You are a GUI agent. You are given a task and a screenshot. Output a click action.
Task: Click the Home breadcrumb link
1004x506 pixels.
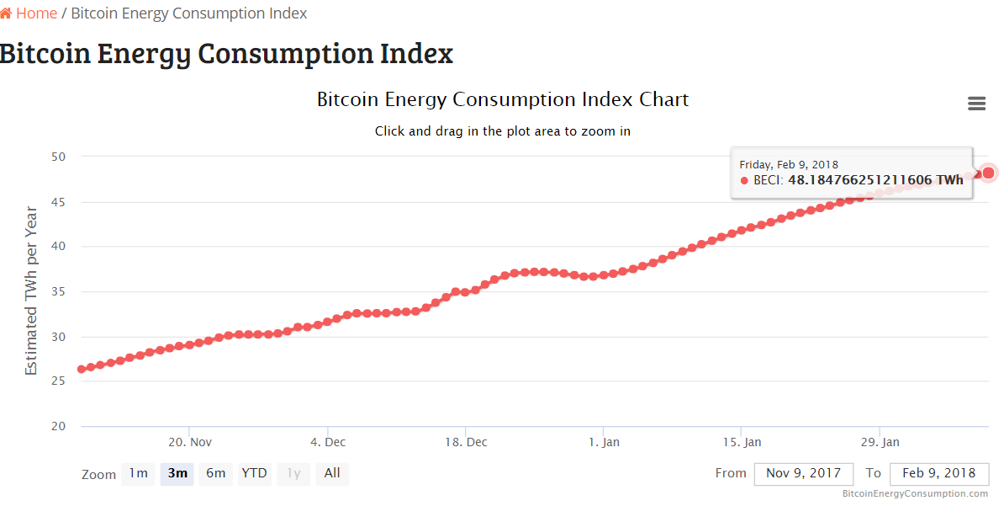(35, 13)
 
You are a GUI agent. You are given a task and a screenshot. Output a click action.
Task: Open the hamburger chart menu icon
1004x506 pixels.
(976, 104)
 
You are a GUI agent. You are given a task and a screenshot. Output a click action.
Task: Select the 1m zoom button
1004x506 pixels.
(138, 473)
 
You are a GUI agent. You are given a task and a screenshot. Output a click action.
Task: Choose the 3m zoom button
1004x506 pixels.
(177, 473)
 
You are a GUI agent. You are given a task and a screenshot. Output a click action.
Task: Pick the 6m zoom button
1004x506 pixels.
(216, 473)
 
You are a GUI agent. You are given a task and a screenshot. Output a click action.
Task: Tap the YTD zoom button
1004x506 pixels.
(254, 473)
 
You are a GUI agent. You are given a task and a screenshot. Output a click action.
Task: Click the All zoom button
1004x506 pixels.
(332, 473)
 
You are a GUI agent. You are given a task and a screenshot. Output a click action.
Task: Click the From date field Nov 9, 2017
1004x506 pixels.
(804, 474)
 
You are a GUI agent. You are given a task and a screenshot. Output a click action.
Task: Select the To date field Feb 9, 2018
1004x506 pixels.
(938, 474)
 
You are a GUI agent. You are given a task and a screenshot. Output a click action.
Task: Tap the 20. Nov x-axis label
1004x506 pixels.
(190, 442)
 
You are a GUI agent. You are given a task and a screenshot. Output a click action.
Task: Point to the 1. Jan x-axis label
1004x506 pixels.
(604, 442)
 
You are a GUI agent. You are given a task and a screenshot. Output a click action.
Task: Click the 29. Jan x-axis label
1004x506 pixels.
(880, 442)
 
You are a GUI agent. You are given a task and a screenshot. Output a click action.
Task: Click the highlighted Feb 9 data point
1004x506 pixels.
(989, 173)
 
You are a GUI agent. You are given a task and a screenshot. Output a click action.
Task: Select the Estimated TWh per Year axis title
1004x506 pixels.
(31, 290)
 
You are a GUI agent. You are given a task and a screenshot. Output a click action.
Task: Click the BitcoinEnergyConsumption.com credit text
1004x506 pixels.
(915, 493)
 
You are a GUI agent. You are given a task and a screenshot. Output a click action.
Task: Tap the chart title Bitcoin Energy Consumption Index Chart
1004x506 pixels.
(503, 99)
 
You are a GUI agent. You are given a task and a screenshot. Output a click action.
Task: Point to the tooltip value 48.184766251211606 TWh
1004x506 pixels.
(875, 180)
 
